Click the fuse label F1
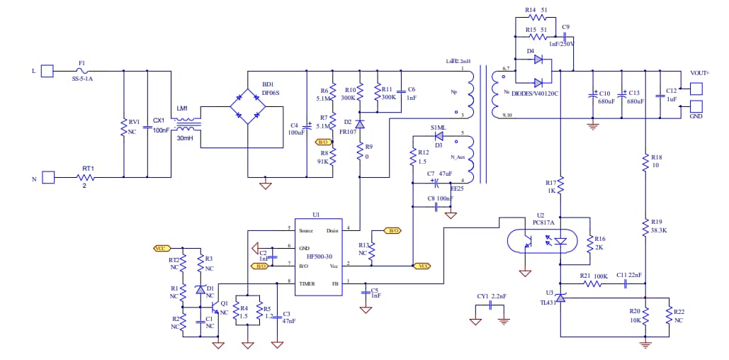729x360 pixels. (x=81, y=63)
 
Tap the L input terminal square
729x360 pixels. (x=47, y=71)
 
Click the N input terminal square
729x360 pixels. (x=47, y=177)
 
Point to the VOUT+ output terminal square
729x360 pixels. (x=696, y=89)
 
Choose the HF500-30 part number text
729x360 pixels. (x=318, y=256)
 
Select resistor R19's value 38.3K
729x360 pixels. (x=660, y=230)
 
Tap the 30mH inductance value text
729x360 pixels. (x=186, y=138)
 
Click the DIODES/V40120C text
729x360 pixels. (x=536, y=93)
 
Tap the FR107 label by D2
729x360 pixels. (x=347, y=131)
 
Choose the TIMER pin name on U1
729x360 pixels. (x=306, y=283)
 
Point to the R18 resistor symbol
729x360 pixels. (x=645, y=163)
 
